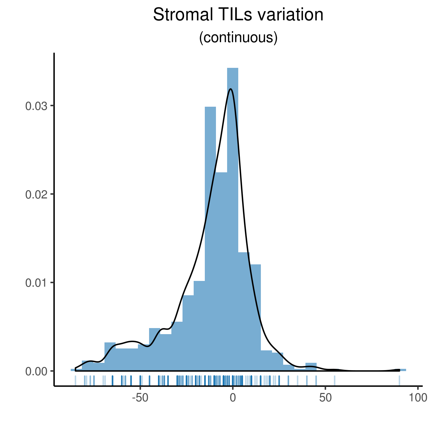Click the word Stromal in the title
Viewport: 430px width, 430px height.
183,15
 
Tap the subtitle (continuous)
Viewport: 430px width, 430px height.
238,38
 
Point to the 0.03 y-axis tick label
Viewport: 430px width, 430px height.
36,106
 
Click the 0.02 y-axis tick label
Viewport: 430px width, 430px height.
36,195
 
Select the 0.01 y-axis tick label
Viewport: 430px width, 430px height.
36,283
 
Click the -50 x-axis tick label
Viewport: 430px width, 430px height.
140,398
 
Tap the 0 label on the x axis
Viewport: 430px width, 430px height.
233,398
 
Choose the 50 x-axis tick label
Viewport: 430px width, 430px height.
325,398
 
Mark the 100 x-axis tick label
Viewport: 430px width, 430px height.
418,398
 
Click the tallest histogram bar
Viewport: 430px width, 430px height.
233,219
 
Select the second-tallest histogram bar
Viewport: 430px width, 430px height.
211,239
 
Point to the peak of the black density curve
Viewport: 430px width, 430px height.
231,89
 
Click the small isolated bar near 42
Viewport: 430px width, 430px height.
311,367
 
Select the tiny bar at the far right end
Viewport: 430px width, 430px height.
403,370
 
